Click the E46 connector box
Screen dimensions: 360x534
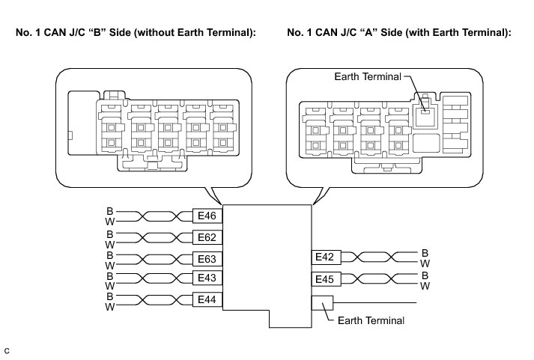[x=207, y=216]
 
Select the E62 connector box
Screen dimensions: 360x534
[x=207, y=238]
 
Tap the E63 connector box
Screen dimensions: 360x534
[x=207, y=259]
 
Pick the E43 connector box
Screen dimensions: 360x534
[x=207, y=278]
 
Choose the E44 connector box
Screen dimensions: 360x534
[x=207, y=299]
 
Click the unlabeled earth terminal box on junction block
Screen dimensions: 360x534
[x=322, y=302]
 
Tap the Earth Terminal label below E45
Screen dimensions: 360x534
[x=371, y=321]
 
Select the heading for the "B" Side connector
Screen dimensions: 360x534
[x=131, y=34]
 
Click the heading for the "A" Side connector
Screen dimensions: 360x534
[x=399, y=34]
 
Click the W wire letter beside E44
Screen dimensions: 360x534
[x=109, y=307]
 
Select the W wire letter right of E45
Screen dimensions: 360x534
[x=425, y=286]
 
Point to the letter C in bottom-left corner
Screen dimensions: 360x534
[x=7, y=350]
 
